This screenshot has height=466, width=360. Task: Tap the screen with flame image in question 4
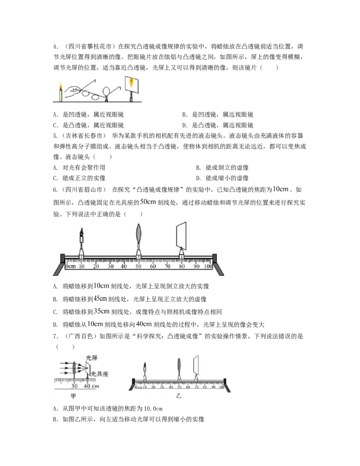pos(131,83)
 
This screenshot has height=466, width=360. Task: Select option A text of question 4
pos(88,115)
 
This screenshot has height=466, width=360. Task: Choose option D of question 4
pos(218,125)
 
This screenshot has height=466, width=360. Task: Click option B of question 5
pos(222,167)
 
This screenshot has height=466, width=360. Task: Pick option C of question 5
pos(79,178)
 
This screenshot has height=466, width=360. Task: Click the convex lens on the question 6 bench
pos(139,234)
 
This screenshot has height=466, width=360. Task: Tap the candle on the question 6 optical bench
pos(82,241)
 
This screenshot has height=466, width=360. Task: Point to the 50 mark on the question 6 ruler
pos(138,267)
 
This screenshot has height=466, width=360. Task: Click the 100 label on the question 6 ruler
pos(208,267)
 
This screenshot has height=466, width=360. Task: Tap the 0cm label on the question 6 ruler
pos(71,267)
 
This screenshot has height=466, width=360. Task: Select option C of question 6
pos(137,312)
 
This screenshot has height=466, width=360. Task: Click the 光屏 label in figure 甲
pos(91,357)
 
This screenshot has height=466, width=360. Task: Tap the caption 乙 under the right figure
pos(179,396)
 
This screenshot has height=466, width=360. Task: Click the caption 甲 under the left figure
pos(73,396)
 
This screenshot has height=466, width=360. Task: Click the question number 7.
pos(55,336)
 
